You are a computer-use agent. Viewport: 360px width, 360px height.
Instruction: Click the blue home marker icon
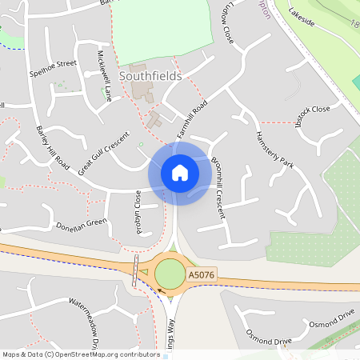[180, 173]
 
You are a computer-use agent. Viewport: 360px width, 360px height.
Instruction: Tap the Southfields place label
[150, 76]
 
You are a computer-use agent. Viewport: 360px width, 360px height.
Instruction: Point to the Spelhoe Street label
[53, 62]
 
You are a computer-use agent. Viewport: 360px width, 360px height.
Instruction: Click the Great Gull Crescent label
[103, 153]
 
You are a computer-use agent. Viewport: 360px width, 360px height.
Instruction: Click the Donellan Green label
[82, 223]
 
